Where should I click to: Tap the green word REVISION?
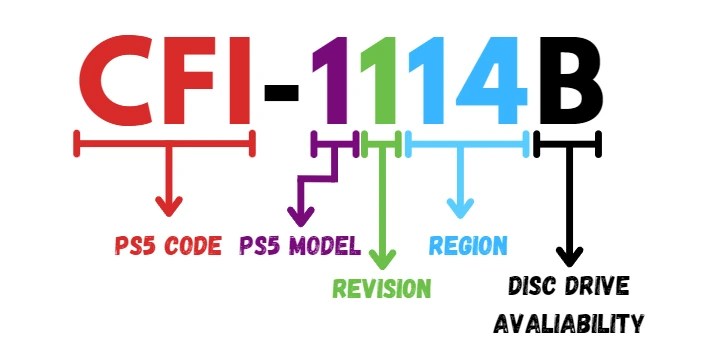pos(382,289)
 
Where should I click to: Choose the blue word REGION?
pos(468,245)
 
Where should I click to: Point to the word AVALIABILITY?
pos(567,323)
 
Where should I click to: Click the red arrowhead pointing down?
pos(168,208)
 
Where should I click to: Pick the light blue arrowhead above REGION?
pos(460,209)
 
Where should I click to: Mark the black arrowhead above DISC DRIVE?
pos(568,255)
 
